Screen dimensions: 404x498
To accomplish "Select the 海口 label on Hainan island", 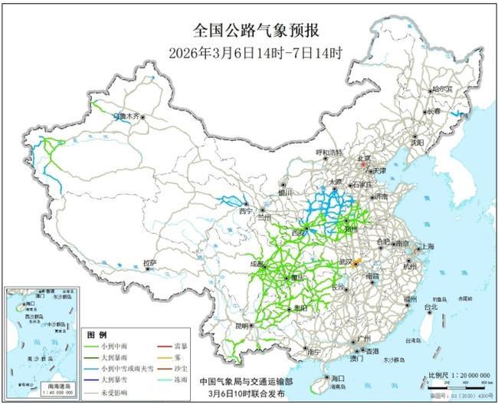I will coord(337,379).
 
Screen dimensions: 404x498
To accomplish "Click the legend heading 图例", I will coord(95,335).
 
